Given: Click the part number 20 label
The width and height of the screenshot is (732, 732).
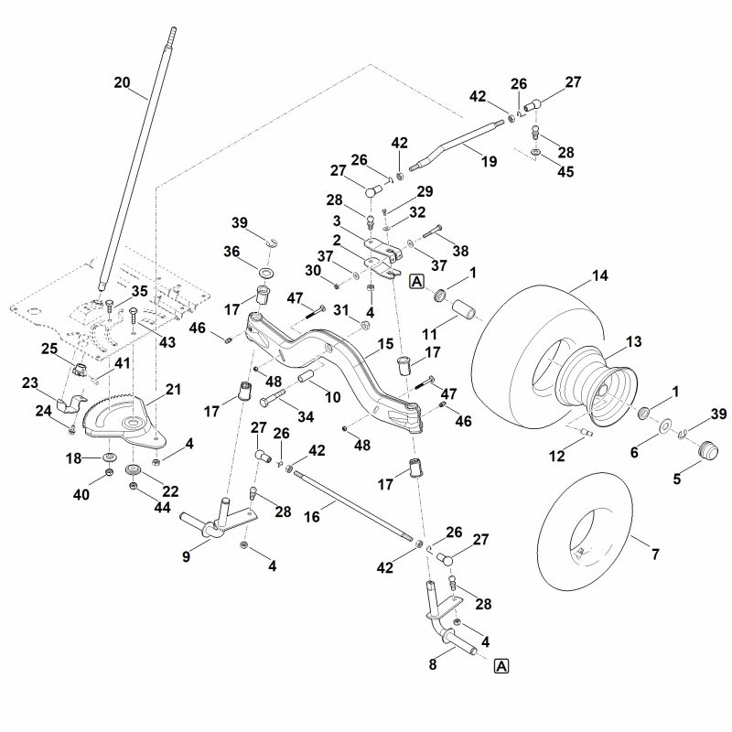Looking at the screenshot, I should pyautogui.click(x=122, y=82).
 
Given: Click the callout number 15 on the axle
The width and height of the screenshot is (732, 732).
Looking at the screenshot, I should pyautogui.click(x=385, y=344).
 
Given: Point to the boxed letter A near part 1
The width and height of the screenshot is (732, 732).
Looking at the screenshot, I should pyautogui.click(x=417, y=281).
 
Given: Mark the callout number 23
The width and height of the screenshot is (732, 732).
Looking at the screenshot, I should pyautogui.click(x=30, y=383).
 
